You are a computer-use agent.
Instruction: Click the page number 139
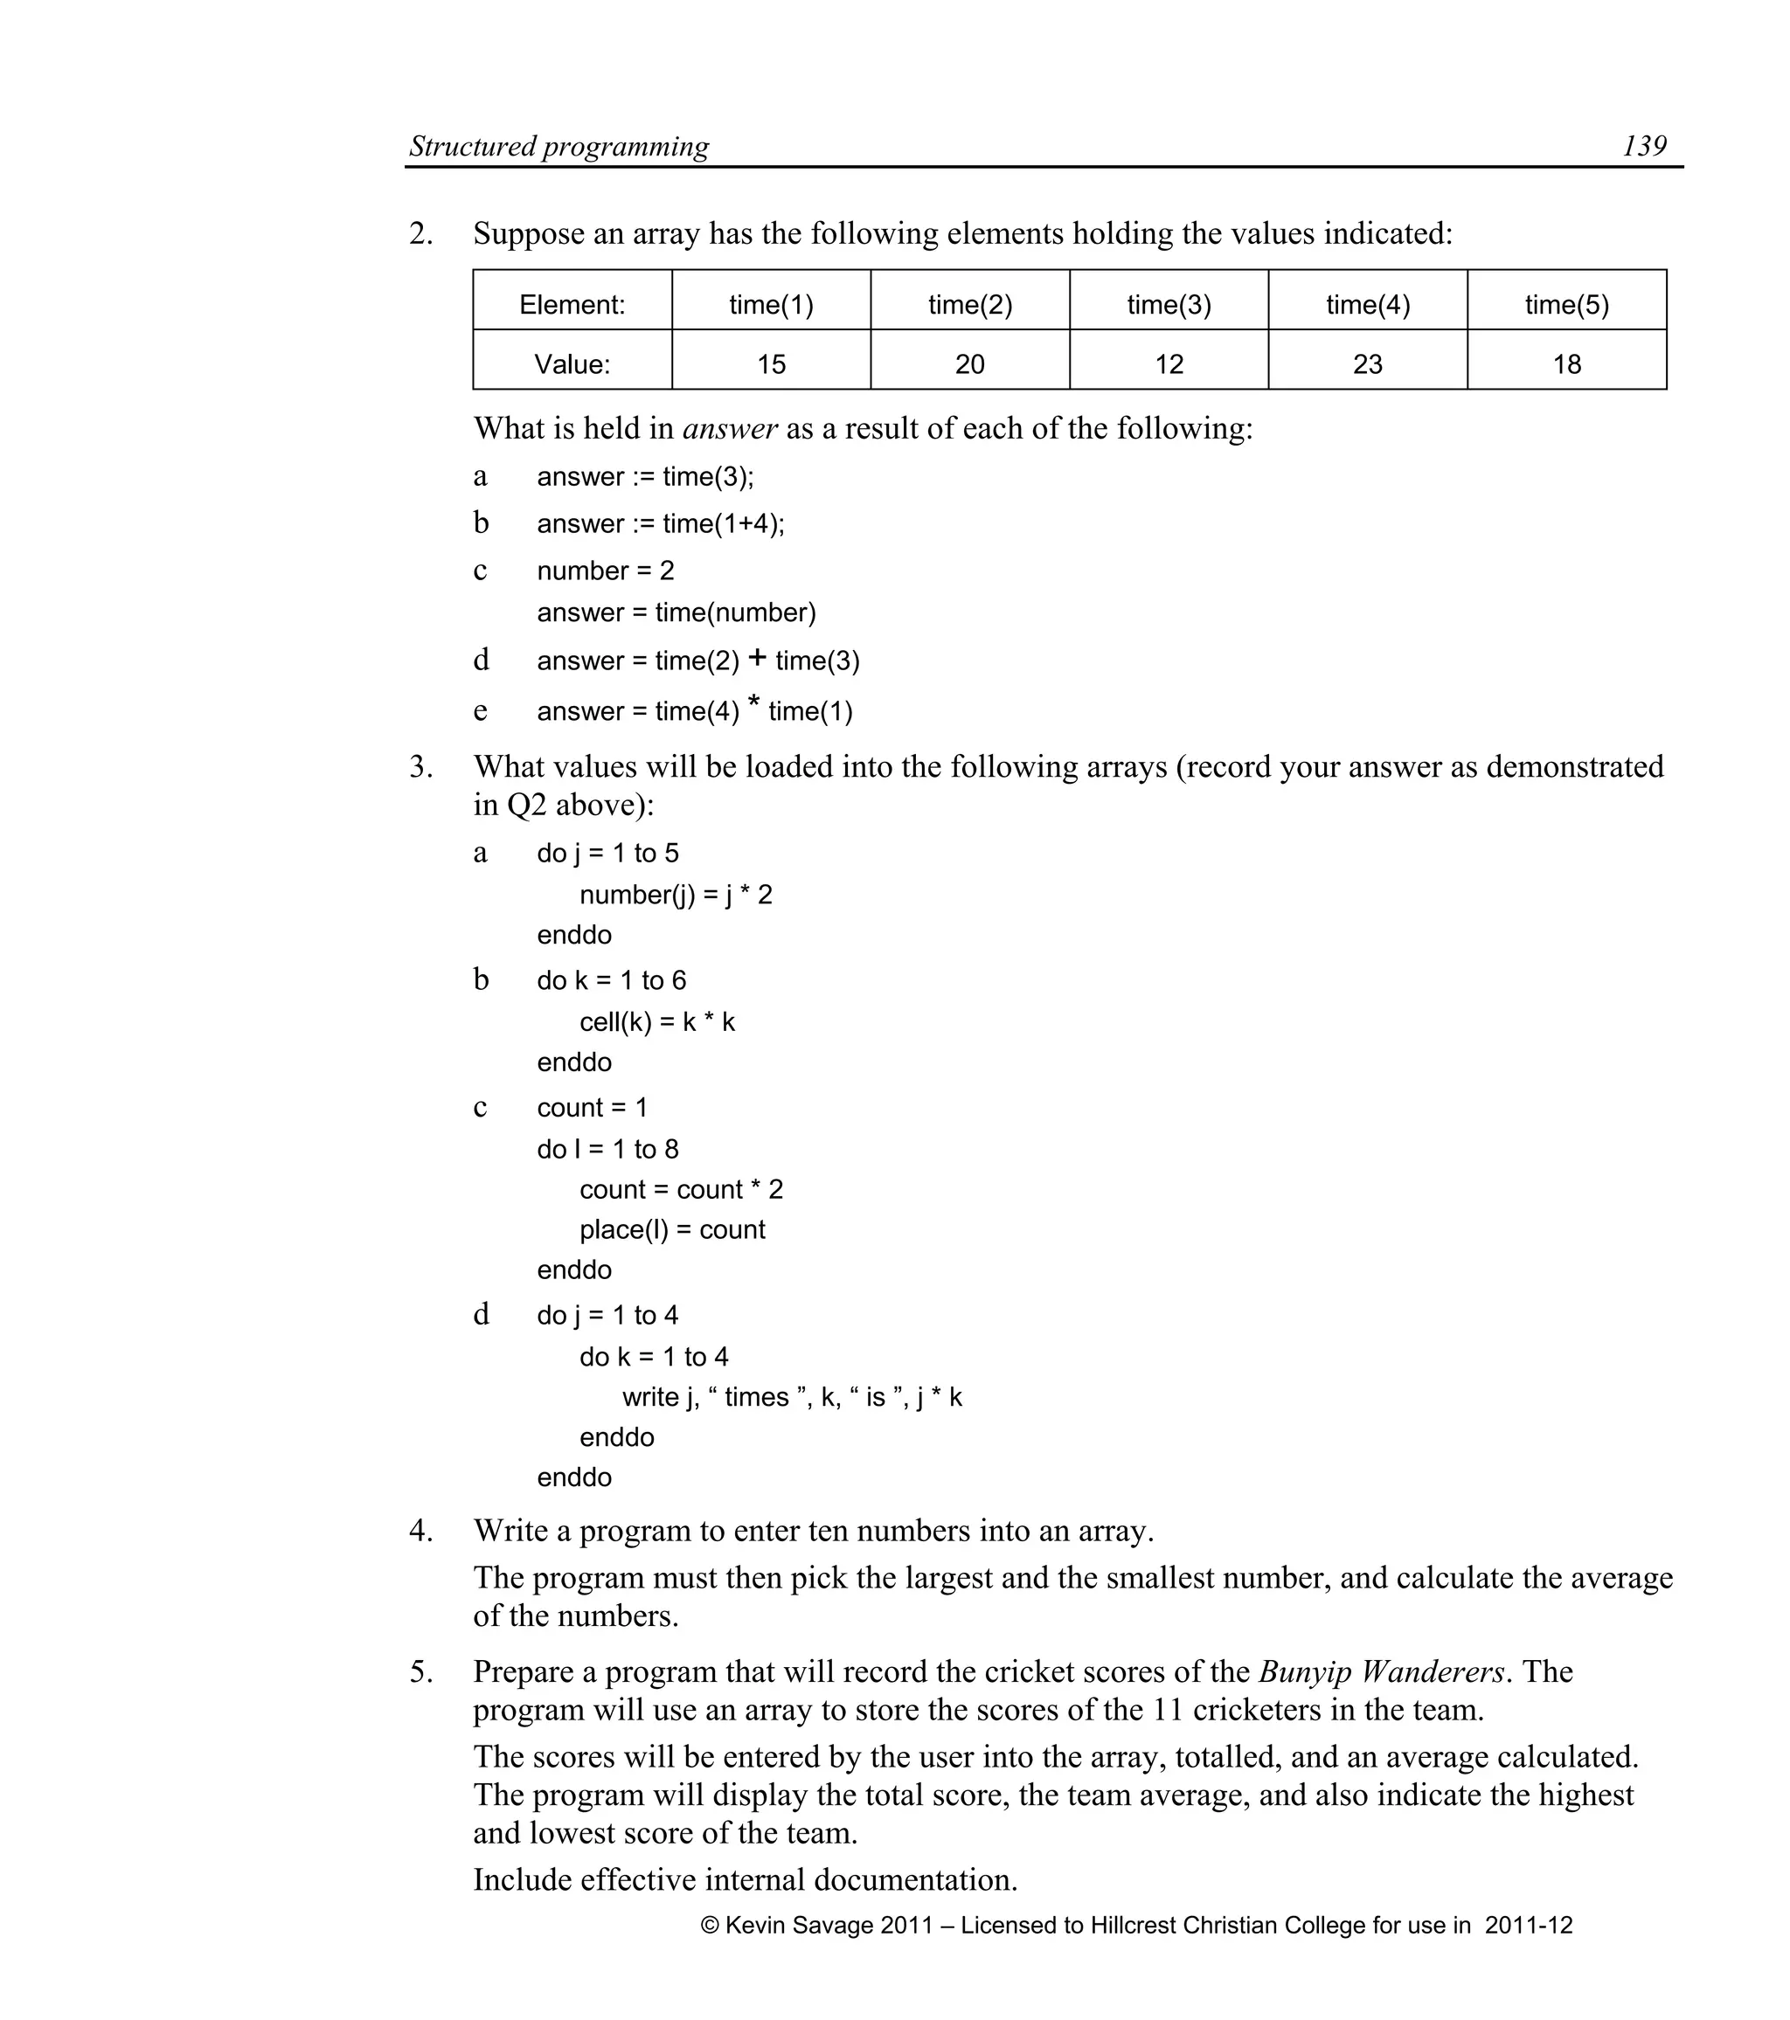[1644, 146]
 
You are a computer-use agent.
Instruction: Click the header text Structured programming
[559, 146]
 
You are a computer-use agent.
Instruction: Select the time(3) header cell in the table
[1169, 304]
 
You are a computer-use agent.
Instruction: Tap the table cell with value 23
[1367, 363]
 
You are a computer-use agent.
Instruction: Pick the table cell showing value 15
[771, 363]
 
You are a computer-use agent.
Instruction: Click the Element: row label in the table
[572, 304]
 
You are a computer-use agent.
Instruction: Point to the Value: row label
[572, 363]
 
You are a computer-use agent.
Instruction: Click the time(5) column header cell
[1566, 304]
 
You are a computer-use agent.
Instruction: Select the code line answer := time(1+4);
[660, 523]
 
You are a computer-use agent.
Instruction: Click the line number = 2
[605, 571]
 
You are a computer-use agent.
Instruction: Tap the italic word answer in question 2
[730, 429]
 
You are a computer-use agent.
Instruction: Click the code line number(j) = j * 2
[675, 896]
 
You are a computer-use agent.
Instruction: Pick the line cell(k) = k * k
[656, 1022]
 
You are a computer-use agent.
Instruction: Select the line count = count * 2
[680, 1190]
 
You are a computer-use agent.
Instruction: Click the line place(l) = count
[672, 1230]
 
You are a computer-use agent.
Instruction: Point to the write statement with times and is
[791, 1397]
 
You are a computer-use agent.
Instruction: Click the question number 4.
[420, 1531]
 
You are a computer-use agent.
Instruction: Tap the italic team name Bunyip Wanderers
[1381, 1671]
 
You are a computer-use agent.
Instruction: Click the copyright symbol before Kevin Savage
[710, 1925]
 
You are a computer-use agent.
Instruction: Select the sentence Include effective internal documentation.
[746, 1878]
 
